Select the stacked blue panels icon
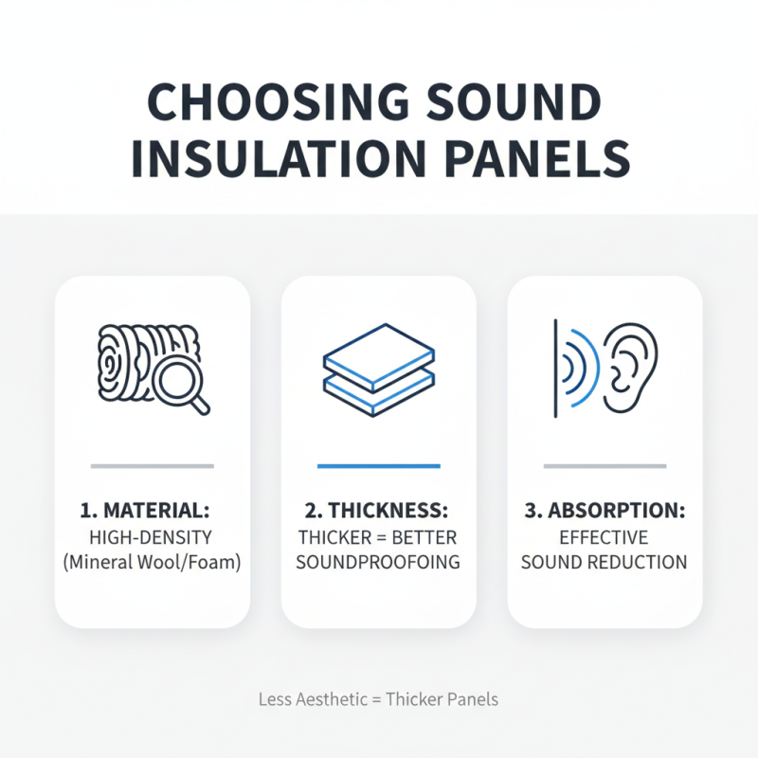tap(379, 370)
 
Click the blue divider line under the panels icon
tap(379, 465)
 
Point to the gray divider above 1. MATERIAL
tap(152, 465)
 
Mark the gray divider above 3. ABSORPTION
tap(605, 465)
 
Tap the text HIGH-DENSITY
tap(152, 537)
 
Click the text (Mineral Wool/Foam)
tap(152, 562)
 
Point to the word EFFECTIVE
tap(605, 537)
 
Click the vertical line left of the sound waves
tap(554, 369)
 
